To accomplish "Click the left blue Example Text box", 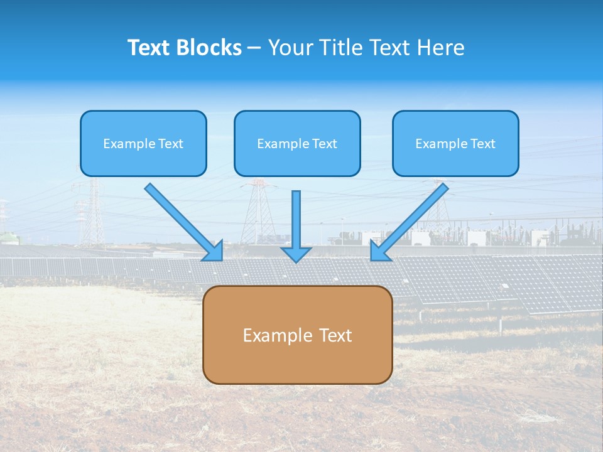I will coord(143,143).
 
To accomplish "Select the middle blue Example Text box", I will coord(297,143).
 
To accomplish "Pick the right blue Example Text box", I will coord(455,143).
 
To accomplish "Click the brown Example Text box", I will coord(297,335).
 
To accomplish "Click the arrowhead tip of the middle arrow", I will coord(296,260).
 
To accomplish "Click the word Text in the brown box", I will coord(336,335).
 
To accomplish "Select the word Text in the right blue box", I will coord(482,144).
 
